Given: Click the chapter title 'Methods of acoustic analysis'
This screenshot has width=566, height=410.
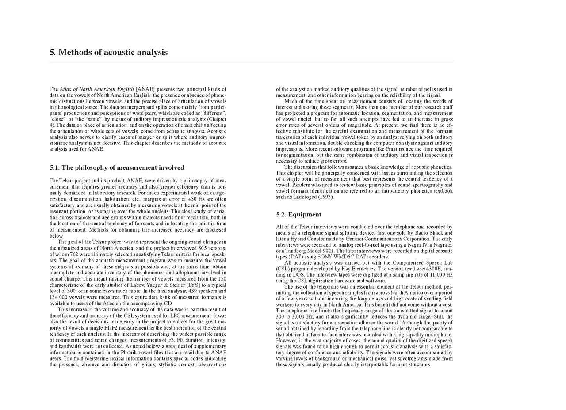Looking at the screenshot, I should click(x=113, y=53).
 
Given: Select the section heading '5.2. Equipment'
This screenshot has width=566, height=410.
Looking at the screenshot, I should click(x=298, y=215).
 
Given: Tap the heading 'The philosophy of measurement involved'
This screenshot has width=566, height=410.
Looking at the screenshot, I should click(x=122, y=168).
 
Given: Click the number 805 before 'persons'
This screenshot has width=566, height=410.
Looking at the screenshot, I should click(x=207, y=248).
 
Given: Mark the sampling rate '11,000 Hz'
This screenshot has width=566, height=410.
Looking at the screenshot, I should click(x=437, y=275).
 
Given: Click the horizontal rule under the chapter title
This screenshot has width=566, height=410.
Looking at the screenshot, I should click(x=251, y=61).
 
